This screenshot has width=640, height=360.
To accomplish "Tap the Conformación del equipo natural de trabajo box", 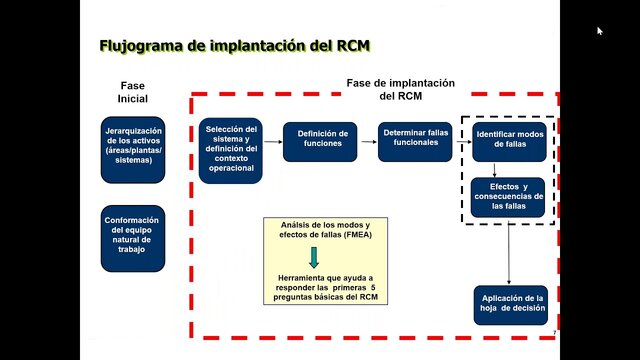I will (133, 237).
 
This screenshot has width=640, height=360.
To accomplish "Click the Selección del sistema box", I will (231, 149).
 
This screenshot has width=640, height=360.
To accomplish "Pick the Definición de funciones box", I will (321, 139).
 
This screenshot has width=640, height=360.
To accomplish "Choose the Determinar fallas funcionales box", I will (415, 139).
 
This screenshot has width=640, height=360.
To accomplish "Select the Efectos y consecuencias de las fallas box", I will (508, 196).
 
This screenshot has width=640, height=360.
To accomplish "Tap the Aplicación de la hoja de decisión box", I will (510, 305).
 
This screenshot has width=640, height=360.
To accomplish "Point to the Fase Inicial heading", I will (132, 92).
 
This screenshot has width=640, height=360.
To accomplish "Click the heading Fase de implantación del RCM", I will (400, 89).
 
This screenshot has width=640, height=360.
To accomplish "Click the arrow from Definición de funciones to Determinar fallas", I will (368, 142).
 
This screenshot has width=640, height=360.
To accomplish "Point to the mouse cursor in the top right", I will (600, 31).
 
